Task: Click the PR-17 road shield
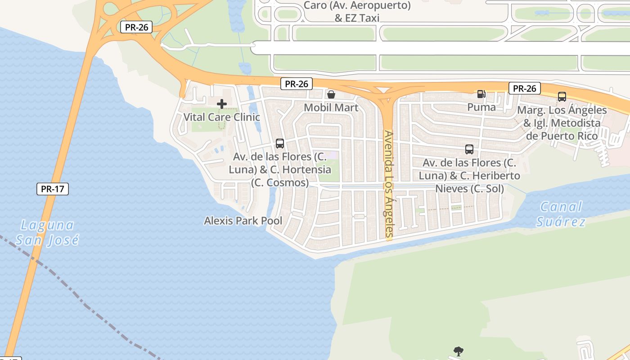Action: click(53, 189)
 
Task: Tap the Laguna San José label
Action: click(47, 232)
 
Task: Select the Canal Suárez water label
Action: click(562, 214)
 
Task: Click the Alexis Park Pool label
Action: click(243, 220)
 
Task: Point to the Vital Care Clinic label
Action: click(221, 117)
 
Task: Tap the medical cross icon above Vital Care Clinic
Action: click(221, 104)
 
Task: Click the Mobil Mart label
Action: click(331, 108)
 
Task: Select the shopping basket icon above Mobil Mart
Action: click(331, 94)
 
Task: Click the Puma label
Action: click(481, 107)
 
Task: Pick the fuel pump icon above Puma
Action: click(481, 94)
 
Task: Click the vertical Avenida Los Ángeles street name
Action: click(389, 184)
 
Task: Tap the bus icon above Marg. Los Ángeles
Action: click(562, 96)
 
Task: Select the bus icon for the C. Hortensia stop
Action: click(280, 144)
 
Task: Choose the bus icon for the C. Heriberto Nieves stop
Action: click(469, 149)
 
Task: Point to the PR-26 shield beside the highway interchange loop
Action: click(136, 27)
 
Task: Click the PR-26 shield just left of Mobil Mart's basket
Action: click(297, 84)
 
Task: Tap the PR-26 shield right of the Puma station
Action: click(524, 88)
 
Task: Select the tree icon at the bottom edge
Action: click(459, 351)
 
